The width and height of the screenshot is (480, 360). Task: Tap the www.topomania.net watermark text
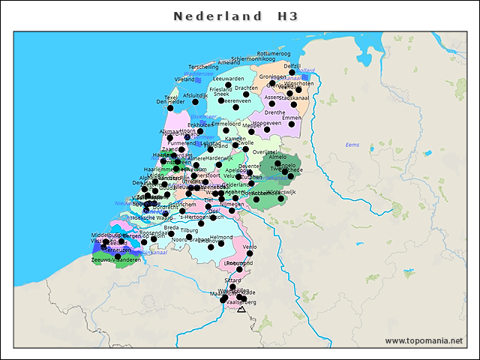[x=424, y=341]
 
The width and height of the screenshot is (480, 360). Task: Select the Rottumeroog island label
[x=273, y=54]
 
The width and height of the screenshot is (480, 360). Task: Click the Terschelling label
[x=203, y=67]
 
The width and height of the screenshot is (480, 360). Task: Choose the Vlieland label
[x=184, y=79]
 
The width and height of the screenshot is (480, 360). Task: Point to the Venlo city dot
[x=250, y=253]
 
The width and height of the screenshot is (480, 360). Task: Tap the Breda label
[x=171, y=227]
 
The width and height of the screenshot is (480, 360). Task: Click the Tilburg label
[x=189, y=230]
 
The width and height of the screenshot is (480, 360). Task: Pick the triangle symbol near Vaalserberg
[x=241, y=308]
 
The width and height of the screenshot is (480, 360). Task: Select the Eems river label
[x=352, y=144]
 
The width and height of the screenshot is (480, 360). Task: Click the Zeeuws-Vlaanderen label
[x=115, y=259]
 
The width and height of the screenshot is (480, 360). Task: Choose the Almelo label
[x=278, y=157]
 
